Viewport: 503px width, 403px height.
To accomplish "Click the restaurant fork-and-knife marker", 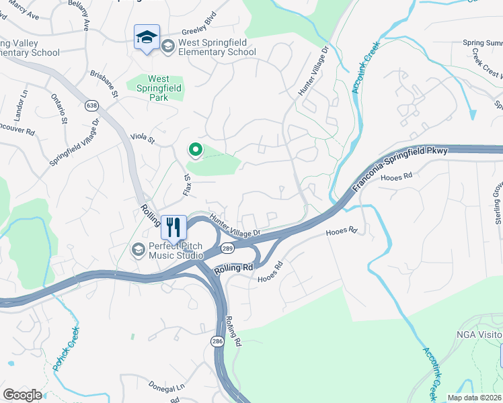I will (x=173, y=226).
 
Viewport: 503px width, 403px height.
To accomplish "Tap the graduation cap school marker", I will (x=146, y=38).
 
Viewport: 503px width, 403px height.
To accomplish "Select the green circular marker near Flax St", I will (x=196, y=149).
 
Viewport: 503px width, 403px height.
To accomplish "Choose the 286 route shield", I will (x=217, y=342).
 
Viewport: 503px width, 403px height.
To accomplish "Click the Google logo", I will (x=22, y=395).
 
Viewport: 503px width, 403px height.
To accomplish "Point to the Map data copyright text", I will (x=474, y=398).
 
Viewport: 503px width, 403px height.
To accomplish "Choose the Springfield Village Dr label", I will (x=75, y=143).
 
